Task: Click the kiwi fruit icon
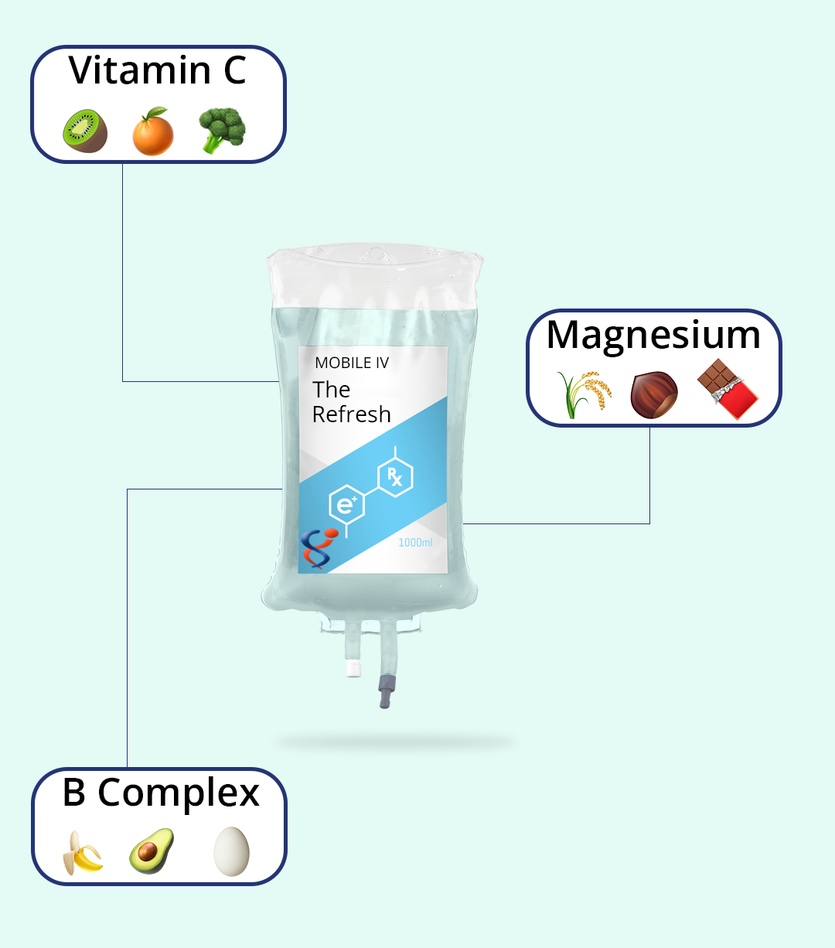(85, 131)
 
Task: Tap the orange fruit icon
(153, 131)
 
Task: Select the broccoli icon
(222, 131)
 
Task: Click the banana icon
(82, 853)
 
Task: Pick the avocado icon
(151, 851)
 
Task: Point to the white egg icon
(231, 851)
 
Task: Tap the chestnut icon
(653, 394)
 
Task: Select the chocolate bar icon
(728, 389)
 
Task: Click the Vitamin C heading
(157, 70)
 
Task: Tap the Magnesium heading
(653, 336)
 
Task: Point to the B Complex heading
(161, 793)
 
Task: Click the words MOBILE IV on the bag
(352, 363)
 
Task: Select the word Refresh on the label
(351, 414)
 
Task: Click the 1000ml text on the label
(415, 542)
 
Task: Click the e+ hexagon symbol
(346, 504)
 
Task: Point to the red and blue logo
(319, 548)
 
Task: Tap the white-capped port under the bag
(353, 668)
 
